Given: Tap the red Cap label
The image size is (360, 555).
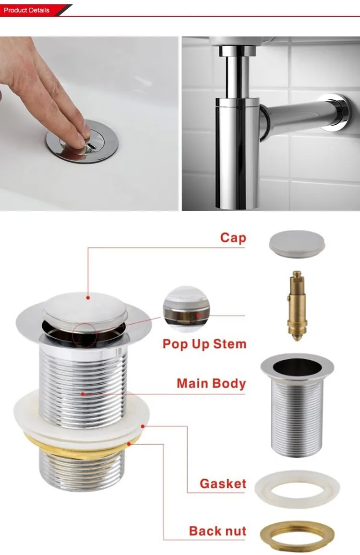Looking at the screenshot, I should click(x=233, y=237).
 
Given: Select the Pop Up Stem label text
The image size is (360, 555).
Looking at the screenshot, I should click(x=204, y=344).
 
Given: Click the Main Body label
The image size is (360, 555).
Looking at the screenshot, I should click(x=211, y=383).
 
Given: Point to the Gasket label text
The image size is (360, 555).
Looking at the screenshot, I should click(x=223, y=484).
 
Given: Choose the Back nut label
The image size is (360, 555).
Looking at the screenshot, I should click(x=217, y=531).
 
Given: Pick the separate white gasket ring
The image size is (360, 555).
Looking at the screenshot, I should click(x=297, y=490).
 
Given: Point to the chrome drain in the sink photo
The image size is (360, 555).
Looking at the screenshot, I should click(x=82, y=142).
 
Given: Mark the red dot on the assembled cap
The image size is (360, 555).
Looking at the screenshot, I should click(x=88, y=297).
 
